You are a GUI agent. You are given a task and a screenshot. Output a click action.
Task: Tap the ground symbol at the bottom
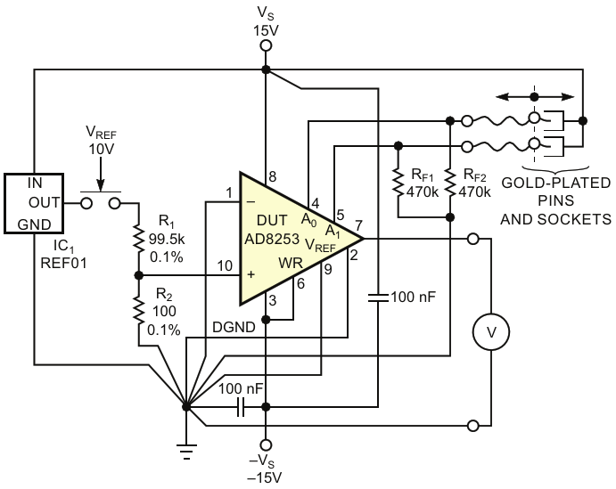(x=186, y=452)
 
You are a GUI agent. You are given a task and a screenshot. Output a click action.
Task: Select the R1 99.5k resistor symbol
(x=139, y=238)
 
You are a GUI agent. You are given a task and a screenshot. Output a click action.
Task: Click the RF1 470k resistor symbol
(x=398, y=183)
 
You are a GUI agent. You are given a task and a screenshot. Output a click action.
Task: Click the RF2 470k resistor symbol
(x=450, y=183)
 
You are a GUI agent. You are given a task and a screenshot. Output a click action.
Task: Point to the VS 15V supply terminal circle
(x=266, y=46)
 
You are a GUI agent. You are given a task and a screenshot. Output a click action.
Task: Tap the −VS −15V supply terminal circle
(x=266, y=445)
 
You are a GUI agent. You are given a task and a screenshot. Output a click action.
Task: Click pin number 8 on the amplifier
(x=272, y=176)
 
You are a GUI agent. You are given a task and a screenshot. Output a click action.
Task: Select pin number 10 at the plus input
(x=225, y=266)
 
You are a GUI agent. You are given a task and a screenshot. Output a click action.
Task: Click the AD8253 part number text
(x=272, y=239)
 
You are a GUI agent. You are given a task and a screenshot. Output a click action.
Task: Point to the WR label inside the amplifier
(x=291, y=263)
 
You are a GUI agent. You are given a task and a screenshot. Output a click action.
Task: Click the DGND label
(x=234, y=327)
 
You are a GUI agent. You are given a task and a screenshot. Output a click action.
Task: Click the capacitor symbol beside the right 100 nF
(x=378, y=297)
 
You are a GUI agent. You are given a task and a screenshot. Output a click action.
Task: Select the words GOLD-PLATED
(x=556, y=183)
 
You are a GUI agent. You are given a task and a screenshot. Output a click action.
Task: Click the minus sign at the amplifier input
(x=251, y=202)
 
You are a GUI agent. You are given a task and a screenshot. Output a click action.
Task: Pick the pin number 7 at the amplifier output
(x=358, y=226)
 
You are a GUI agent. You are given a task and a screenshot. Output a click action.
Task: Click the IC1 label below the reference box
(x=63, y=246)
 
